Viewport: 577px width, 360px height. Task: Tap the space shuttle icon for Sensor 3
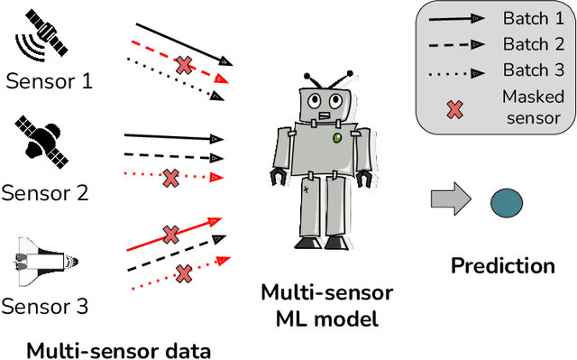coord(46,262)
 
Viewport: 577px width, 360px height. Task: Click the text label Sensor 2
coord(46,192)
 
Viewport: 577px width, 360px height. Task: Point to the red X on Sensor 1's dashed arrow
coord(183,65)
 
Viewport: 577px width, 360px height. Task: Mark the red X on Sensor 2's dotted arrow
coord(169,178)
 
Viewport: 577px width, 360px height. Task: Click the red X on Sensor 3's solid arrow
coord(170,235)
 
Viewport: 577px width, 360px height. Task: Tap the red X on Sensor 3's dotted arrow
coord(184,272)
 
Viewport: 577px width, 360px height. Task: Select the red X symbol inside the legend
coord(456,107)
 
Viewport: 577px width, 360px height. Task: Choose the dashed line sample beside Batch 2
coord(456,44)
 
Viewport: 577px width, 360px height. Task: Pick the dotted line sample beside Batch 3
coord(456,69)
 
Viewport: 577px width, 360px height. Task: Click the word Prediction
coord(502,265)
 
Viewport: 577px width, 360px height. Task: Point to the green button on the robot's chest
coord(337,138)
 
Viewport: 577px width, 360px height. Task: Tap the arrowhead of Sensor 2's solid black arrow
coord(216,139)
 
